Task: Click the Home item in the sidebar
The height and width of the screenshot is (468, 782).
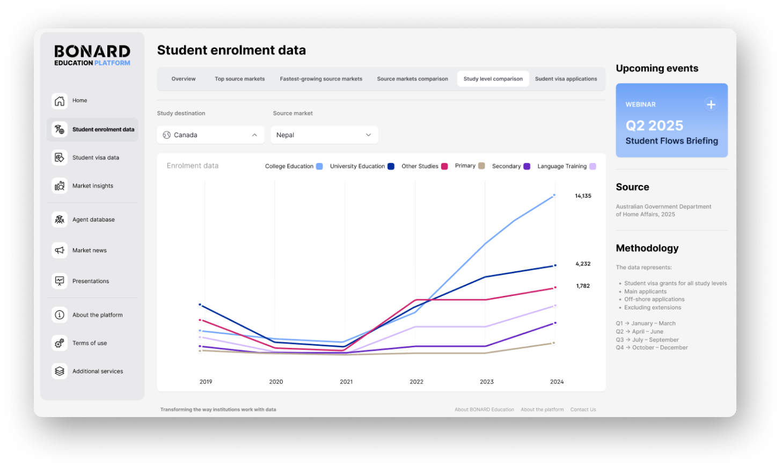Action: tap(79, 101)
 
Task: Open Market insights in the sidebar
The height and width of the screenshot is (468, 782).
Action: tap(92, 186)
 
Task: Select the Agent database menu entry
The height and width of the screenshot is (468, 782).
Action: tap(93, 220)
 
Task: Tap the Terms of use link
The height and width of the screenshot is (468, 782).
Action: tap(89, 343)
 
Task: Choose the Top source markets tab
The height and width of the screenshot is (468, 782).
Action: tap(239, 79)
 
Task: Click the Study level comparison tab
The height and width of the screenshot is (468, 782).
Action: tap(493, 79)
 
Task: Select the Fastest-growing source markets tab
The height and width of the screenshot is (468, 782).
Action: tap(321, 79)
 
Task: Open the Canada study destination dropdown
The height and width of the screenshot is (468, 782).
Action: tap(210, 135)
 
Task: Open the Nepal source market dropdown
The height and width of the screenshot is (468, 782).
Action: tap(324, 135)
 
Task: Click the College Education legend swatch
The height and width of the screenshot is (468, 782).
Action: tap(319, 166)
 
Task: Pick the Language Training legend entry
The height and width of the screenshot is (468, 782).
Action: tap(562, 166)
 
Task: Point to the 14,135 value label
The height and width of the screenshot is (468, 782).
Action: tap(583, 196)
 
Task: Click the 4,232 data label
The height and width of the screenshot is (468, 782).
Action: tap(583, 264)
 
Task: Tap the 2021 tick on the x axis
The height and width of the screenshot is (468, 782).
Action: tap(346, 382)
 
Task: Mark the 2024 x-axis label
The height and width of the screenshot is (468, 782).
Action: tap(557, 382)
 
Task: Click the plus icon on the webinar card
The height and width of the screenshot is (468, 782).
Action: tap(711, 105)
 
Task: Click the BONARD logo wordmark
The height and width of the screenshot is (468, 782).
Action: tap(92, 51)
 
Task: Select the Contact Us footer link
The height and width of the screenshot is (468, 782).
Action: tap(583, 410)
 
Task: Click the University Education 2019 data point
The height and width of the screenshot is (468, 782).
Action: tap(200, 304)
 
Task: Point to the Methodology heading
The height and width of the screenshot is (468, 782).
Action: tap(647, 248)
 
